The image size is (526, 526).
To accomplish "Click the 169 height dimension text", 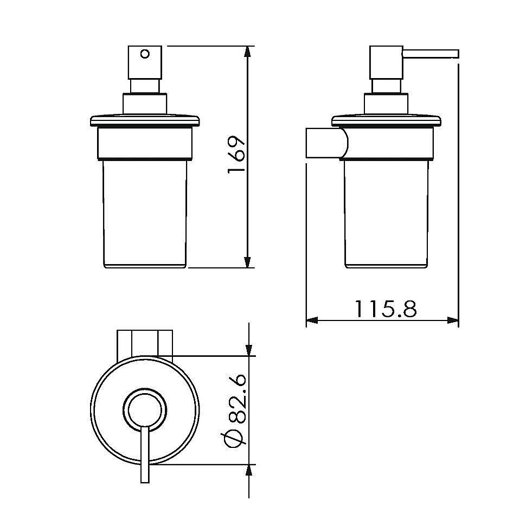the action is point(237,155).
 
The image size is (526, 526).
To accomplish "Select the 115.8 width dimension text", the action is point(386,309).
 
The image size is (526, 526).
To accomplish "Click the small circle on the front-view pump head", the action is point(145,54).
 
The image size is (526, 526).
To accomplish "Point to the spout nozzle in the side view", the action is point(431,54).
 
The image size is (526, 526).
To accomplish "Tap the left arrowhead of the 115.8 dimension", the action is point(312,320).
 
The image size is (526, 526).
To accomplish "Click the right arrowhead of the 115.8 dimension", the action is point(453,320).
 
